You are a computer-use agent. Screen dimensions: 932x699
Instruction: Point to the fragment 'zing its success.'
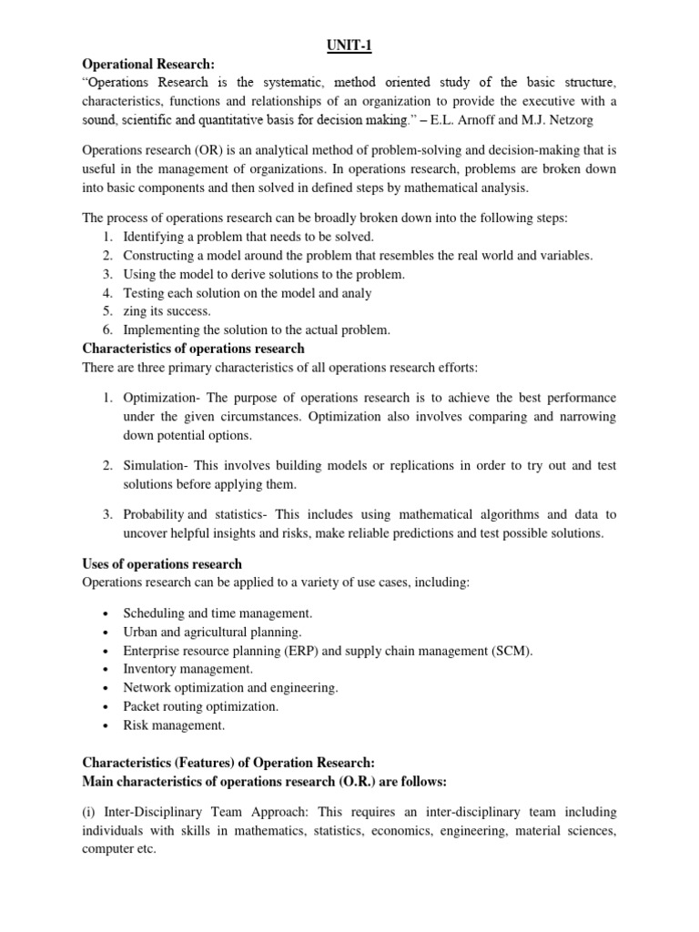167,311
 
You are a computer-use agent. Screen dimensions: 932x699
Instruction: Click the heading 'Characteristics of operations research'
194,349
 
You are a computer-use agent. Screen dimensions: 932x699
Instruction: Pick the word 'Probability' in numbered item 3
154,514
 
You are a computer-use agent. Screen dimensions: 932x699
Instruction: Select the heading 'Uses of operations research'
162,564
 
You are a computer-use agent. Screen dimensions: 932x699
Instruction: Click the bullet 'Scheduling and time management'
218,613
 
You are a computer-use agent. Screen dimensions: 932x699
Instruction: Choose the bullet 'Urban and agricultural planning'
212,632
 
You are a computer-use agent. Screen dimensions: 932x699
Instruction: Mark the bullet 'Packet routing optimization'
201,706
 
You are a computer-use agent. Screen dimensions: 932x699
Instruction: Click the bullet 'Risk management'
173,725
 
